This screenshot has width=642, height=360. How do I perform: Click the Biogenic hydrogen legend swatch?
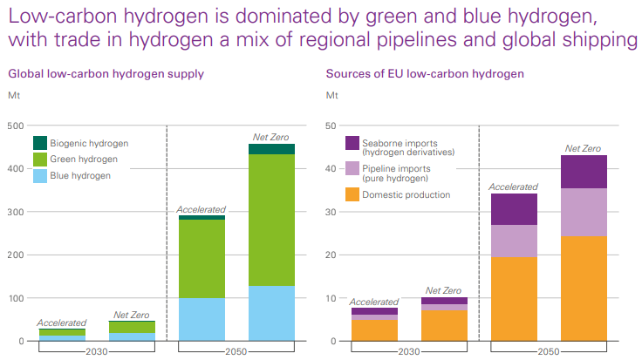point(39,143)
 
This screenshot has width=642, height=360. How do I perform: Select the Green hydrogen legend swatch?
point(39,160)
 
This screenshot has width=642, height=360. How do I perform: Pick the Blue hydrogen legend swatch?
point(39,175)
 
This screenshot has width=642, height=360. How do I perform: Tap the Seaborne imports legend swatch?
point(352,143)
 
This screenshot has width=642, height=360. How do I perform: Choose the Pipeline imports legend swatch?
point(352,168)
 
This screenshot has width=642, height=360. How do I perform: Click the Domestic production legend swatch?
point(352,194)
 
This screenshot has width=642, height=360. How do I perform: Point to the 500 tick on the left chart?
point(15,126)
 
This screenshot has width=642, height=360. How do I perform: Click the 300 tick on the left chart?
point(15,212)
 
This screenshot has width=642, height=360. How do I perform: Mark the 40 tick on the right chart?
point(332,169)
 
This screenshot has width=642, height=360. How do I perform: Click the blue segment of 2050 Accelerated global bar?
point(201,319)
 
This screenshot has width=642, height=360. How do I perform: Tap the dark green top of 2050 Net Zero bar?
point(271,149)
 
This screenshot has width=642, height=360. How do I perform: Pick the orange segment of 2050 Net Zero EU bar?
point(584,289)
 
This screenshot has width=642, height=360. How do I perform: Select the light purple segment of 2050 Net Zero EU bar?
point(584,213)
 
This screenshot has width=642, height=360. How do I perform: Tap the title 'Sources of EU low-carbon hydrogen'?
point(425,74)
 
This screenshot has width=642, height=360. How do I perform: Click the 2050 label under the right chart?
point(548,351)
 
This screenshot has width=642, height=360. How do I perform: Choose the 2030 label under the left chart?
point(98,351)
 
